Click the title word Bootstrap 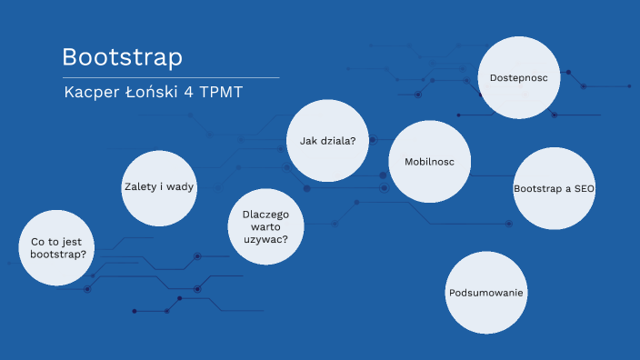[x=122, y=57]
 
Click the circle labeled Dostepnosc [x=517, y=78]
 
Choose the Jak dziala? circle [x=327, y=140]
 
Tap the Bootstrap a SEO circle [x=554, y=188]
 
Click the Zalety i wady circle [x=160, y=186]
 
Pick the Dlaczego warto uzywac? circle [x=265, y=227]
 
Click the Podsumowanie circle [x=487, y=293]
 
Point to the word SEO [x=582, y=188]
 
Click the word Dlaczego [x=265, y=215]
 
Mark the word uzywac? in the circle [x=265, y=240]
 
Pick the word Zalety [x=141, y=186]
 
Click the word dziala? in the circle [x=336, y=140]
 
